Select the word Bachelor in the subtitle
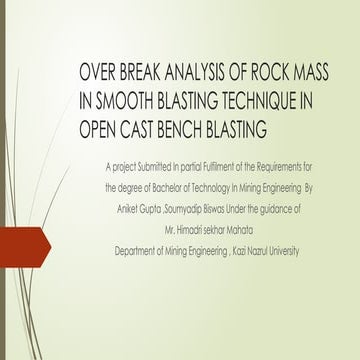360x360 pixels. point(165,187)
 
